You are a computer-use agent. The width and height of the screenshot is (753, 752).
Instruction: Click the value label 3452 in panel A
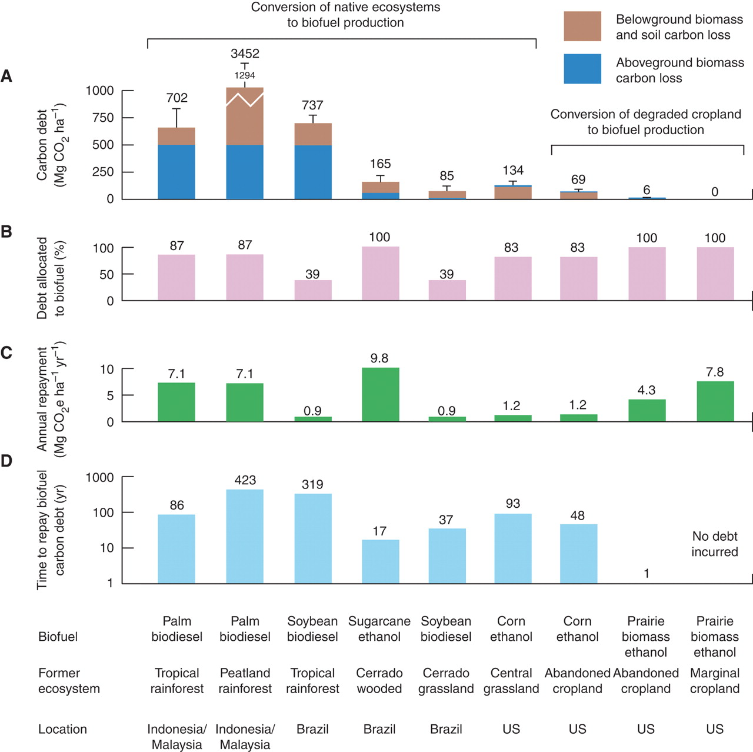click(245, 54)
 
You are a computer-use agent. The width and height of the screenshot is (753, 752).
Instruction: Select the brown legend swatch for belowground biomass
click(582, 26)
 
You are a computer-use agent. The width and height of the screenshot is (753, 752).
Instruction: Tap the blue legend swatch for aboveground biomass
click(582, 69)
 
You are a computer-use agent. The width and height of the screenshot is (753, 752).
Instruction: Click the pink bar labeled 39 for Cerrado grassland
click(447, 290)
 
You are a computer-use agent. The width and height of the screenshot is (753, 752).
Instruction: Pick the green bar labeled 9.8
click(380, 394)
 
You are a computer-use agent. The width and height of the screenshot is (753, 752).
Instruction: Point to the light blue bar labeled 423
click(245, 535)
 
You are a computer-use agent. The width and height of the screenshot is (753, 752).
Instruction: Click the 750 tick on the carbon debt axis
click(103, 118)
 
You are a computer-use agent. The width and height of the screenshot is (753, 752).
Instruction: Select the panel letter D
click(6, 461)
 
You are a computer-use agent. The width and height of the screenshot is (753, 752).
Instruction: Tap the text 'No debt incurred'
click(714, 544)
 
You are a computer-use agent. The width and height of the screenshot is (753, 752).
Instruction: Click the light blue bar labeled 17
click(380, 561)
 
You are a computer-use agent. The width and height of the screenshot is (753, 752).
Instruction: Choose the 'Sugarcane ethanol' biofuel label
click(379, 629)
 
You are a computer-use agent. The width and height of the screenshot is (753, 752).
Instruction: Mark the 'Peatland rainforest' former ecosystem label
click(245, 681)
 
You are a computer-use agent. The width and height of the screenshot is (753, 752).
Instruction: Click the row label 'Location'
click(62, 729)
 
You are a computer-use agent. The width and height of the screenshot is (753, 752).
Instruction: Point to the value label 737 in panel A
click(312, 105)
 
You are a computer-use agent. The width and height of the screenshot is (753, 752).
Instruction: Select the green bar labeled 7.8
click(715, 401)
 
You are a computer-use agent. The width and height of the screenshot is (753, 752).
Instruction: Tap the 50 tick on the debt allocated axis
click(106, 275)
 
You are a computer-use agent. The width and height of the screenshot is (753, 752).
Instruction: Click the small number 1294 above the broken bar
click(245, 75)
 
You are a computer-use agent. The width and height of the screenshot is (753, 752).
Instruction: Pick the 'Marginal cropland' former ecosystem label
click(715, 681)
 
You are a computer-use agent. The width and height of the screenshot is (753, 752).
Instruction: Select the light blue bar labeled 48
click(578, 553)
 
